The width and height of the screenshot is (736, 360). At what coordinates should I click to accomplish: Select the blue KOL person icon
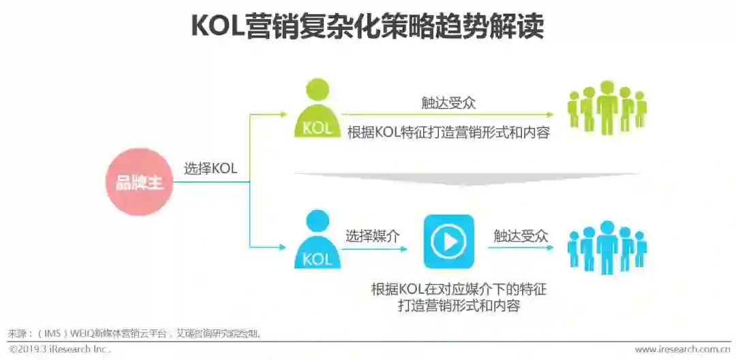(318, 240)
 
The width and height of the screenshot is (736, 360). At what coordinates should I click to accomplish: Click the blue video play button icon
(448, 241)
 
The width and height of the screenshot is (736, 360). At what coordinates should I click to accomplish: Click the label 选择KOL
(211, 168)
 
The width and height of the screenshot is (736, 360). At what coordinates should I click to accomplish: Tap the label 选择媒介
(372, 236)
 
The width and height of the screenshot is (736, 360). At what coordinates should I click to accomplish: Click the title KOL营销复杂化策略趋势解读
(367, 27)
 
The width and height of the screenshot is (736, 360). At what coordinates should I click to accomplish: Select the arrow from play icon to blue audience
(521, 247)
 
